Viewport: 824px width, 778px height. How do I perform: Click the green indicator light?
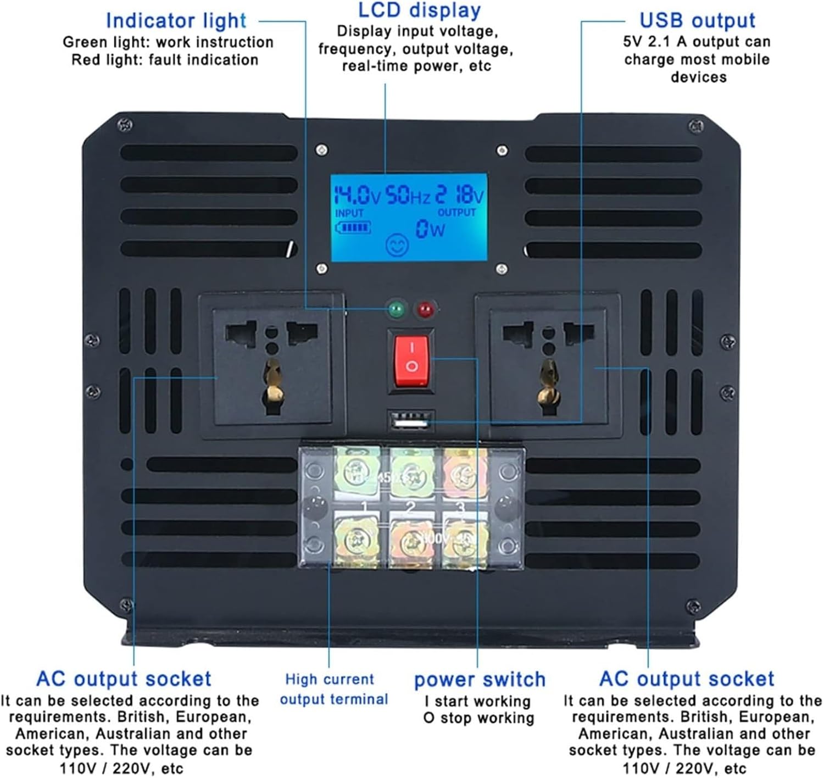396,309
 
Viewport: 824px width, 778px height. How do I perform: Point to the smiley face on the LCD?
397,244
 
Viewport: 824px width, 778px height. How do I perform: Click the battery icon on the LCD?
353,227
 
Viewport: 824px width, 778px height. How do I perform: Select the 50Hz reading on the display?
408,196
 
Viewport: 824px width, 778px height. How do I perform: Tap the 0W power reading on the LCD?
430,229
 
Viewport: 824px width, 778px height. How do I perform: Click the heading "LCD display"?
419,10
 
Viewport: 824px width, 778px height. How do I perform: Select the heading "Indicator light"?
176,21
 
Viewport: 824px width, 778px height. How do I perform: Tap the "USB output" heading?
697,20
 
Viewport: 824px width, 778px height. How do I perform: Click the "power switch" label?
480,680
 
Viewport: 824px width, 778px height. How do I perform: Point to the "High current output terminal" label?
333,689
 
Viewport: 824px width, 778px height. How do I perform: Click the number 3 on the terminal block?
460,506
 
